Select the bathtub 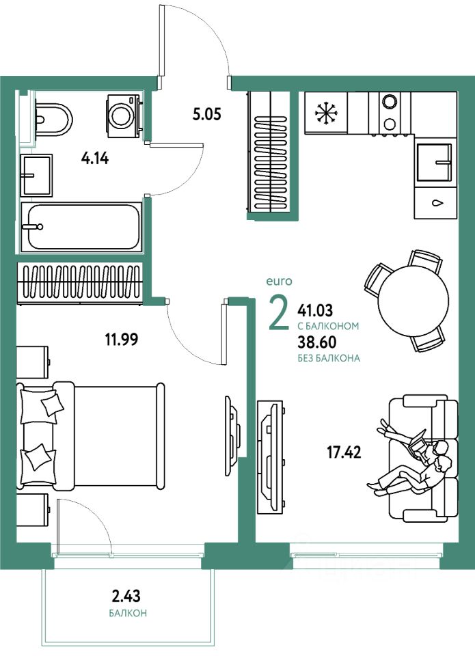[x=81, y=226]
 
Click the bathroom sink [x=36, y=175]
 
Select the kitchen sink [x=435, y=163]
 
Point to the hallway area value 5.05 [x=206, y=114]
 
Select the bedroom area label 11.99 [x=120, y=339]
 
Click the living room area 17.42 [x=343, y=452]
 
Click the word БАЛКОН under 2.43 [x=128, y=613]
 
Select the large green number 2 [x=279, y=313]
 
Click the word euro [x=279, y=281]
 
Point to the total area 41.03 [x=316, y=310]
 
